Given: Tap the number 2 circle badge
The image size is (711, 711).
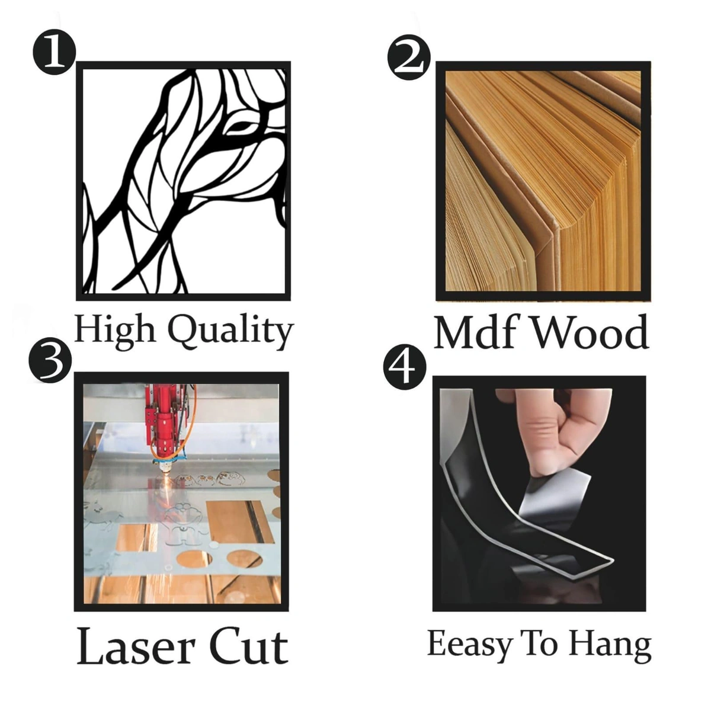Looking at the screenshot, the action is pos(409,59).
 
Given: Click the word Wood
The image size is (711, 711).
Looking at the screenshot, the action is pos(590,332).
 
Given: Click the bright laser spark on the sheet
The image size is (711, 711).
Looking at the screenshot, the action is pos(165,483).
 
